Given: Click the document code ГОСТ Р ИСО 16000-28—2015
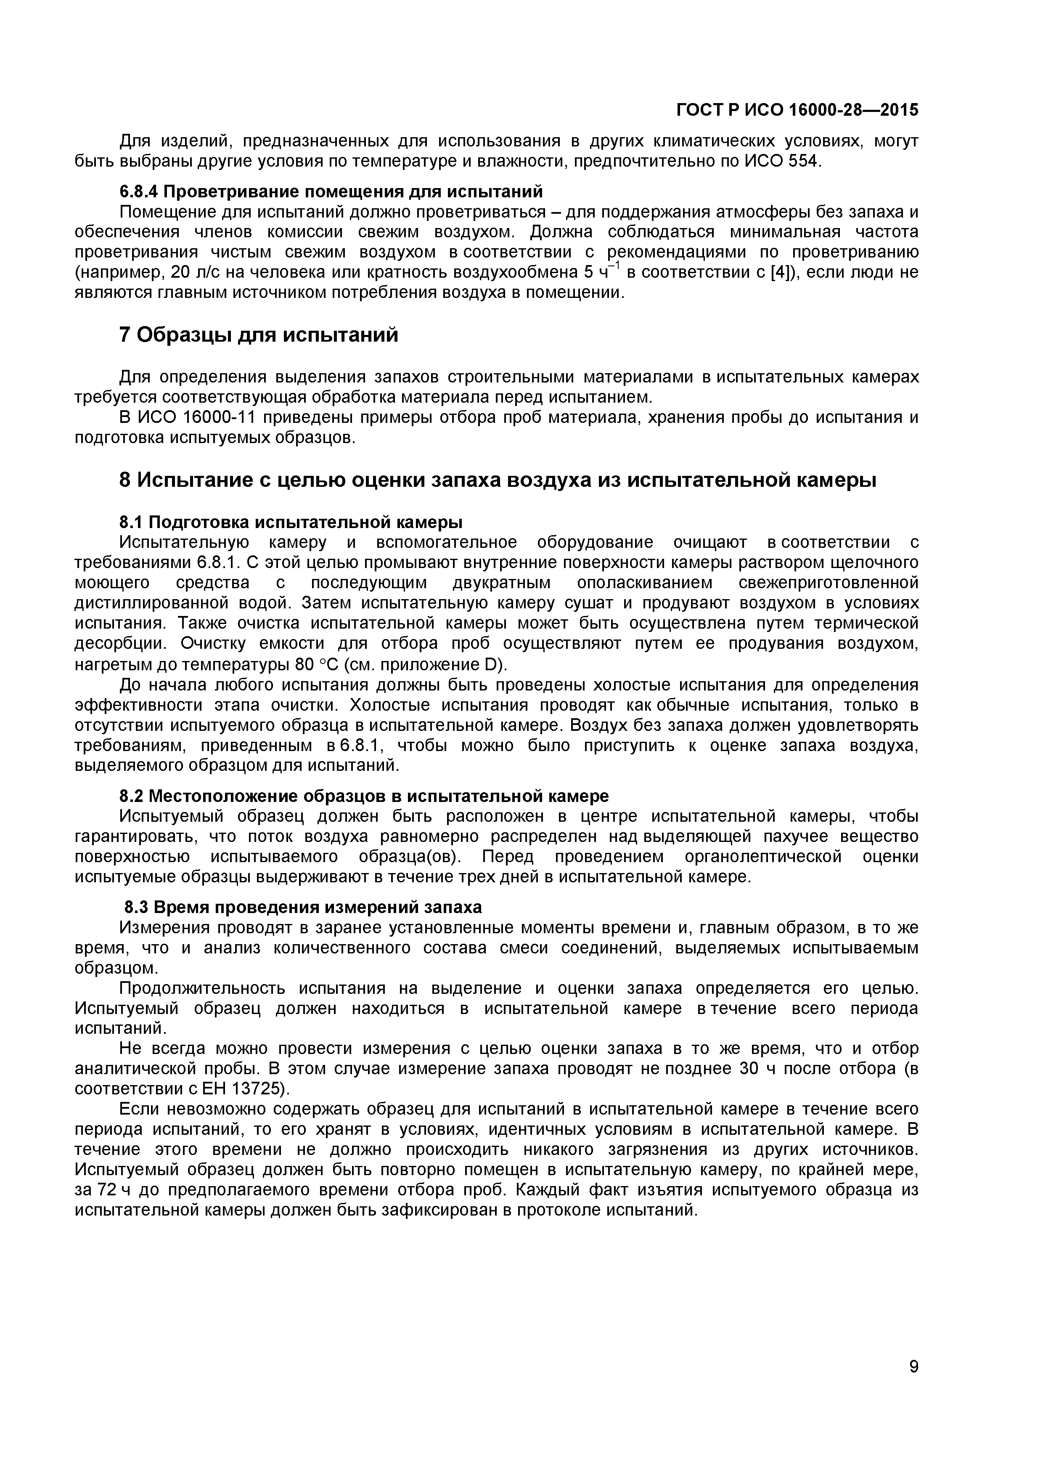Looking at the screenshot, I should pyautogui.click(x=797, y=111).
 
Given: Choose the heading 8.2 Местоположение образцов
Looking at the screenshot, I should pyautogui.click(x=364, y=796).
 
